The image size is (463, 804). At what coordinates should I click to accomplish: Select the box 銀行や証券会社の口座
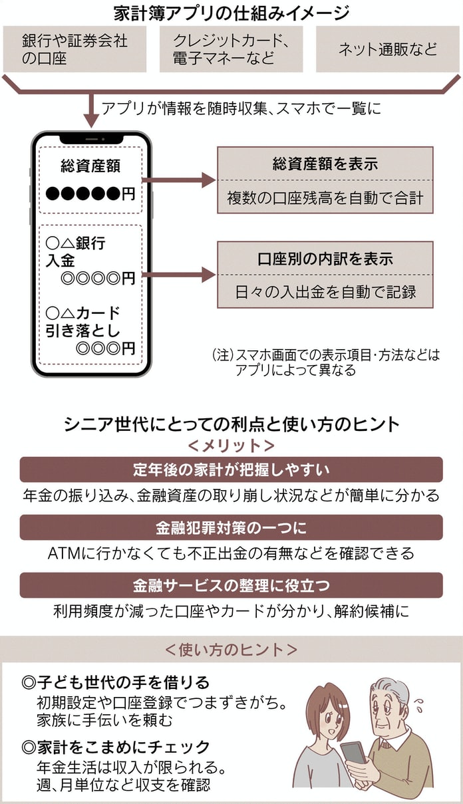pos(75,49)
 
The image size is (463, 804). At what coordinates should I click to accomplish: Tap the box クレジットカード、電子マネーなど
pos(231,49)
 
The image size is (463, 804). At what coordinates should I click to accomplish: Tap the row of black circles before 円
pos(84,194)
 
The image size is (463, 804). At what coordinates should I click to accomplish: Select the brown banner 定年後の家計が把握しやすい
pos(231,469)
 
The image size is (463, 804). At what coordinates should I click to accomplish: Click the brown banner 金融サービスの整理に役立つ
pos(231,585)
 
